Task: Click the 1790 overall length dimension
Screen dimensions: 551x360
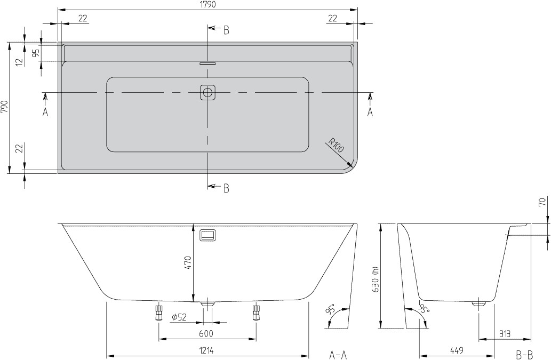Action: tap(207, 4)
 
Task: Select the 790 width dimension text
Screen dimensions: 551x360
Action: tap(5, 107)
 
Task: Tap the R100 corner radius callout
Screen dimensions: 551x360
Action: tap(336, 145)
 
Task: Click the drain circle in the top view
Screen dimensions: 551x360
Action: tap(207, 92)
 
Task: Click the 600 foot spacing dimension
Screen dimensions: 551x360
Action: tap(206, 333)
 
